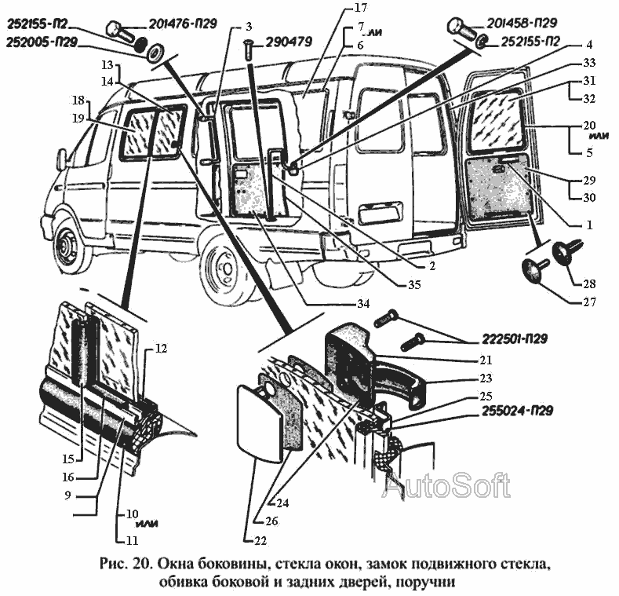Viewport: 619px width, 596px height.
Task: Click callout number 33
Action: [588, 62]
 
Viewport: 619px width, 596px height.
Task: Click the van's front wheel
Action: [67, 247]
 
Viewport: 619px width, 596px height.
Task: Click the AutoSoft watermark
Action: [445, 486]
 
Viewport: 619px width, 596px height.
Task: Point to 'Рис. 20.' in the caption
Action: [126, 563]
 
